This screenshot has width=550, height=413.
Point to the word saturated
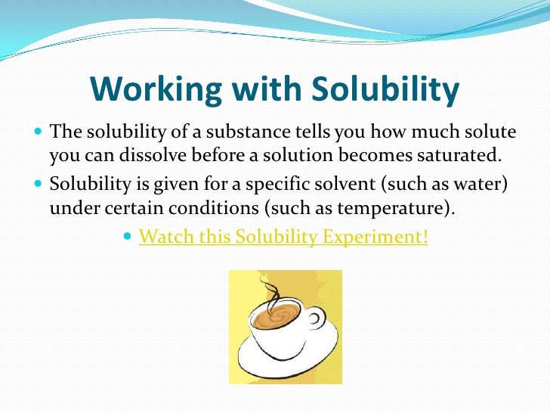click(461, 157)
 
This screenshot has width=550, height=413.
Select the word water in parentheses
click(480, 185)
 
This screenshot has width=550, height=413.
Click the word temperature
click(410, 209)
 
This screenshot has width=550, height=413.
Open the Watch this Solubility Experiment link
click(283, 237)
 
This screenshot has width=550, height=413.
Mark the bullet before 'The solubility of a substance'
click(39, 133)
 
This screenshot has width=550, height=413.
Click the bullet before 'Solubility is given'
click(39, 185)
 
